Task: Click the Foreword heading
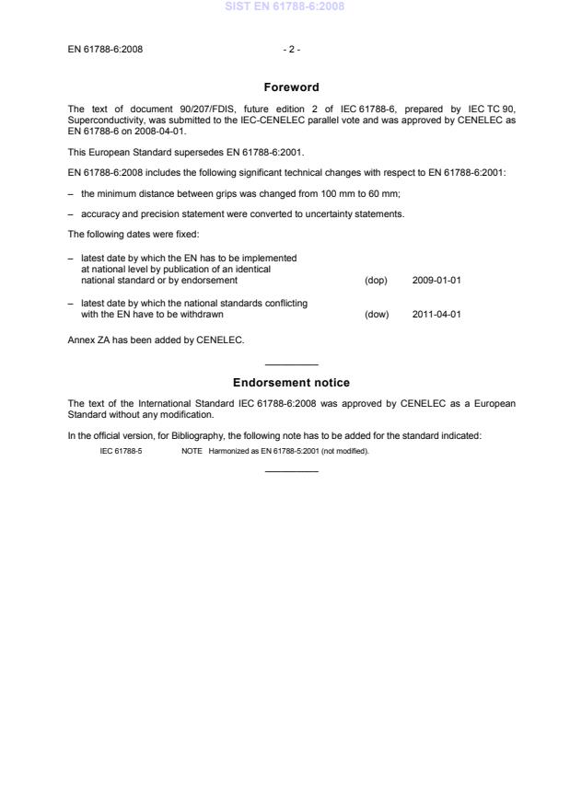291,87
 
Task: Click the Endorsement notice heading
291,383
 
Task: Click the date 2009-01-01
436,280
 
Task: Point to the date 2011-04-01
436,315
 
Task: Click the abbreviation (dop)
376,280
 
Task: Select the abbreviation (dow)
377,315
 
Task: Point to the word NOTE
192,451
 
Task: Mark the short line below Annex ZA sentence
291,364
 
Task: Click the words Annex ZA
87,340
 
